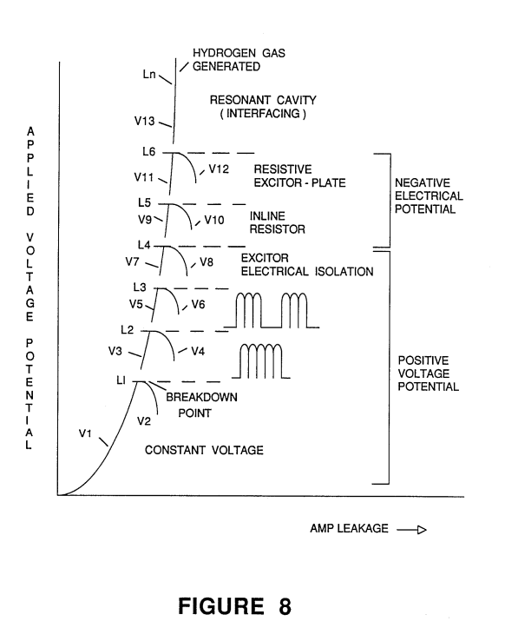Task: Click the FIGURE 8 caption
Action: pyautogui.click(x=234, y=605)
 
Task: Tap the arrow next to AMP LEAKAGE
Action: pyautogui.click(x=412, y=530)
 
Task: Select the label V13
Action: pyautogui.click(x=144, y=121)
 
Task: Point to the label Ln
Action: pyautogui.click(x=149, y=74)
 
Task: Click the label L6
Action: pyautogui.click(x=148, y=151)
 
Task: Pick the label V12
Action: pyautogui.click(x=219, y=169)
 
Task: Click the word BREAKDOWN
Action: pyautogui.click(x=201, y=397)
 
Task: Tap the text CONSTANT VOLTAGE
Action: pyautogui.click(x=204, y=450)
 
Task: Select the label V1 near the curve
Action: pyautogui.click(x=85, y=433)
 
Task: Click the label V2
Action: pyautogui.click(x=144, y=421)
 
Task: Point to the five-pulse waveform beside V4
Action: pyautogui.click(x=261, y=360)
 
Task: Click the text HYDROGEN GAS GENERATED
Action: pyautogui.click(x=239, y=60)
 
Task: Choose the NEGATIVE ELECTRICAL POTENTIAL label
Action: pyautogui.click(x=429, y=195)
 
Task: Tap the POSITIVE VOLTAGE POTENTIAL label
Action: pyautogui.click(x=428, y=373)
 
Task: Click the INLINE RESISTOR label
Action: pyautogui.click(x=278, y=222)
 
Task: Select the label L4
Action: pyautogui.click(x=144, y=245)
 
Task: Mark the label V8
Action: pyautogui.click(x=207, y=262)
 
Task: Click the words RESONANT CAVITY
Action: pyautogui.click(x=263, y=100)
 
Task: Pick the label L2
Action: pyautogui.click(x=127, y=329)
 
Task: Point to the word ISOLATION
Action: pyautogui.click(x=344, y=272)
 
